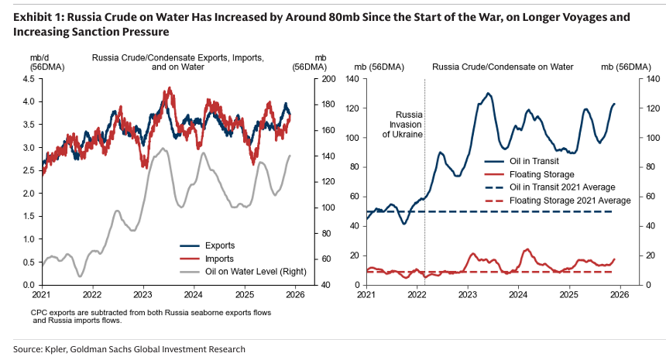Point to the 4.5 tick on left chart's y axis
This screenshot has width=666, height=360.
(x=31, y=79)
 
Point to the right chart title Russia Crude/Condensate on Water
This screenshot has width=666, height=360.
(x=502, y=67)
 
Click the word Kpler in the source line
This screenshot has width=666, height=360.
(x=61, y=349)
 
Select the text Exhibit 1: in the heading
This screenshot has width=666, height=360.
(x=33, y=16)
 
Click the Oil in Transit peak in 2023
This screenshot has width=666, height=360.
(x=489, y=94)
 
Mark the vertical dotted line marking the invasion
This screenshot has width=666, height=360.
(x=425, y=217)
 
